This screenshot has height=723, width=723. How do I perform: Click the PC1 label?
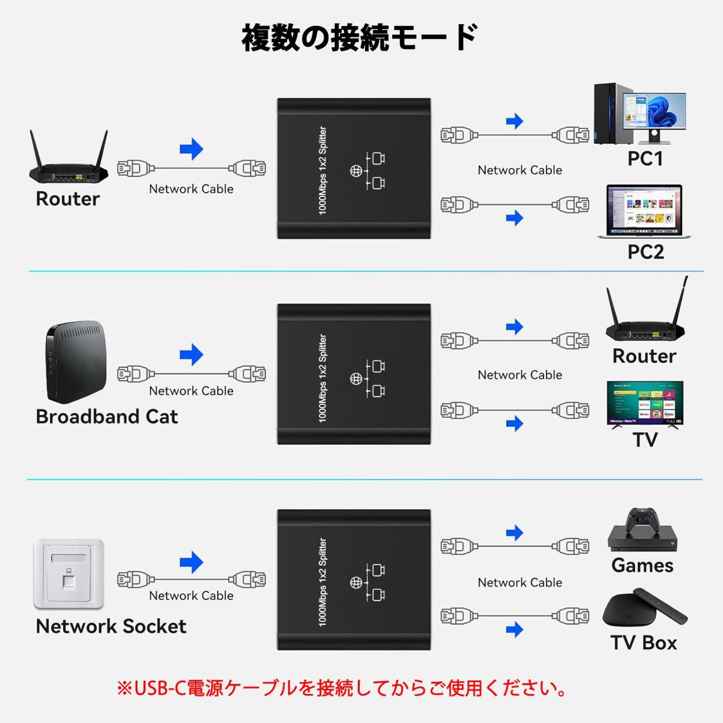[645, 158]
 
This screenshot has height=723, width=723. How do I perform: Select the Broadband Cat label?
[107, 416]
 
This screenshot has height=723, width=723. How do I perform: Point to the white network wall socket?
[69, 574]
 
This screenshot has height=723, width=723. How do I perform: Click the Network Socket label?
[111, 626]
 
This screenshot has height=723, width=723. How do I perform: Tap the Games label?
[642, 565]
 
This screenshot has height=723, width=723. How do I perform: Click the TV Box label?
[643, 642]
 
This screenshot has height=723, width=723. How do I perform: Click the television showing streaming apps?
[645, 403]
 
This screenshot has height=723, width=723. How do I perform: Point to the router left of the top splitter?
[69, 160]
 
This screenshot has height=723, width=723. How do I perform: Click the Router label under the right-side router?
[644, 355]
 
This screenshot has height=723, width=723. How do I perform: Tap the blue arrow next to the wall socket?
[192, 563]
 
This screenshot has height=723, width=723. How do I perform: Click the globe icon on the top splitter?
[356, 171]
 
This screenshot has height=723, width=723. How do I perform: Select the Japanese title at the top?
[360, 37]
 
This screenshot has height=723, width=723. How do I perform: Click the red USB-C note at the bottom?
[342, 687]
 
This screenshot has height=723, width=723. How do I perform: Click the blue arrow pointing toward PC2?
[515, 218]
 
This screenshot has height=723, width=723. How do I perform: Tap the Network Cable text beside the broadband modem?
[191, 390]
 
